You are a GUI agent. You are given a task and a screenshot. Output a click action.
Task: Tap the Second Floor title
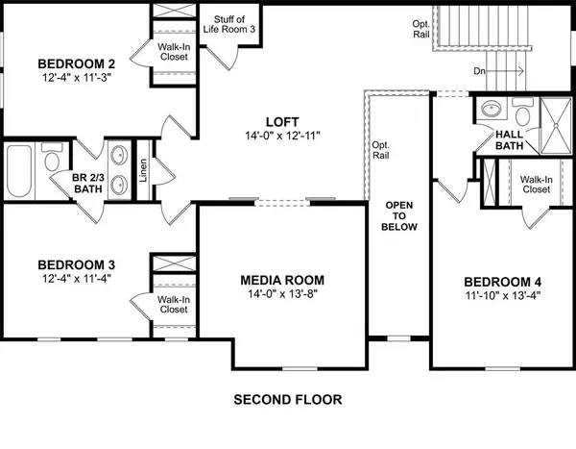tap(288, 398)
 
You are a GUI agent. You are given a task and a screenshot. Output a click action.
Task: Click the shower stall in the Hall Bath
tap(550, 124)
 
